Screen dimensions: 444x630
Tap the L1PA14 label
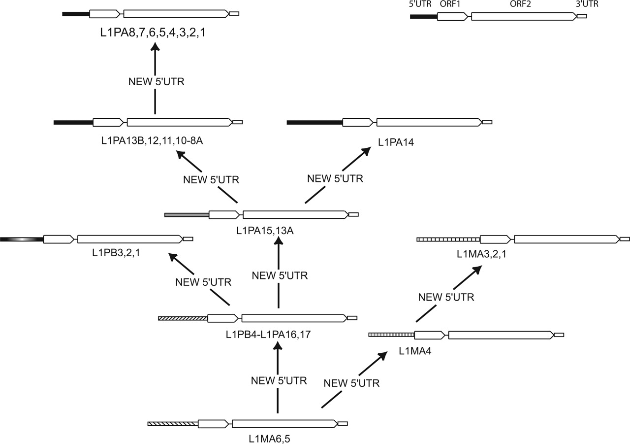point(397,142)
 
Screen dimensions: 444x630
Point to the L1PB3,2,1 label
point(117,253)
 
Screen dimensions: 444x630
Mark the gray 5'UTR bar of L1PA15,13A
point(187,215)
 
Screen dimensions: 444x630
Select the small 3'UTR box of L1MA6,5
point(343,423)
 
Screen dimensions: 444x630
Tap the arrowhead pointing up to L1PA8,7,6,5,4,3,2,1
point(155,47)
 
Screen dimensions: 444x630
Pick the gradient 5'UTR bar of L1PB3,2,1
point(22,239)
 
